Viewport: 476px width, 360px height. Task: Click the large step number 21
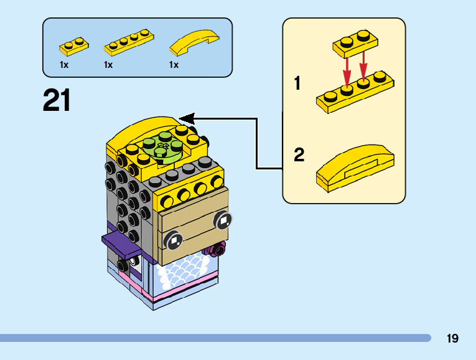click(57, 101)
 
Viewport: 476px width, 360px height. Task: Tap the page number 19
click(452, 338)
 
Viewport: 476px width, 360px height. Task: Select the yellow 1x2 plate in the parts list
click(73, 46)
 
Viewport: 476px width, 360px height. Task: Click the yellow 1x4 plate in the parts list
click(128, 43)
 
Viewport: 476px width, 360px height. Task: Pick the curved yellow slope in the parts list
click(195, 43)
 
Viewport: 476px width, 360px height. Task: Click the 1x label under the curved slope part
click(174, 65)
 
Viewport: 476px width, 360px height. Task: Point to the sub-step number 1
click(297, 83)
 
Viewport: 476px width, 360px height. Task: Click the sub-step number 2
click(299, 154)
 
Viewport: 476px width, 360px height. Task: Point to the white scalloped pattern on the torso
click(184, 274)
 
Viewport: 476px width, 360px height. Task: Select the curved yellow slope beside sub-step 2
click(355, 167)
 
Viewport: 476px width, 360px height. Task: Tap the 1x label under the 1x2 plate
click(64, 65)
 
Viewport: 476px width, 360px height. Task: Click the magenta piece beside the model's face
click(217, 250)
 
